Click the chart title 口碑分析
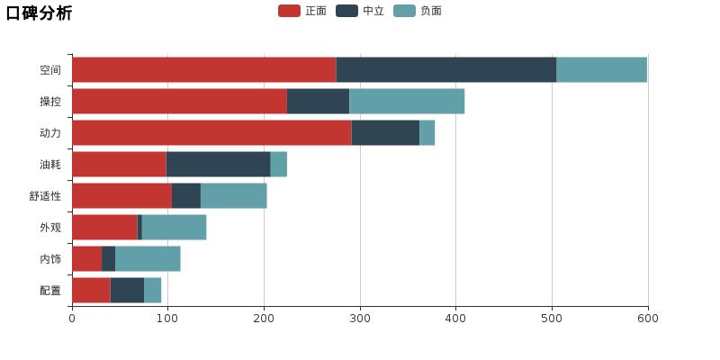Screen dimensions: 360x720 (39, 13)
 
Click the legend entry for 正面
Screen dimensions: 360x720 (302, 11)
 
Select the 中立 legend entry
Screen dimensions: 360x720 (360, 11)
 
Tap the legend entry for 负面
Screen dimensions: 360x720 (418, 11)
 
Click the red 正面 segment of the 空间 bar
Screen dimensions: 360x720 (203, 69)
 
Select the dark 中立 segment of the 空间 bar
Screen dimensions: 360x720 (445, 69)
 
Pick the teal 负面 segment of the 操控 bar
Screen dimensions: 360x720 (407, 101)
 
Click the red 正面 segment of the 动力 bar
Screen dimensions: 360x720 (211, 132)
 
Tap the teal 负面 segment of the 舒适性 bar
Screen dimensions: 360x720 (233, 195)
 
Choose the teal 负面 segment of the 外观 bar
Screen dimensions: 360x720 (174, 227)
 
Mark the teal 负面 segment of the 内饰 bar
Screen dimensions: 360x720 (148, 258)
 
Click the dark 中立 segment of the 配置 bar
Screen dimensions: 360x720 (127, 290)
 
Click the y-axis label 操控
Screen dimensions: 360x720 (50, 102)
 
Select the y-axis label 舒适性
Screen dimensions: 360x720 (45, 196)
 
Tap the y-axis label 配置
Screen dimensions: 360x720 (50, 291)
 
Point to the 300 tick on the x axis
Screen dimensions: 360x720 (360, 318)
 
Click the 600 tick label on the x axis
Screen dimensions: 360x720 (647, 318)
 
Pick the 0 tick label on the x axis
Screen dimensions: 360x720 (72, 318)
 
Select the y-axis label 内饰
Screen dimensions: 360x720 (50, 259)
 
